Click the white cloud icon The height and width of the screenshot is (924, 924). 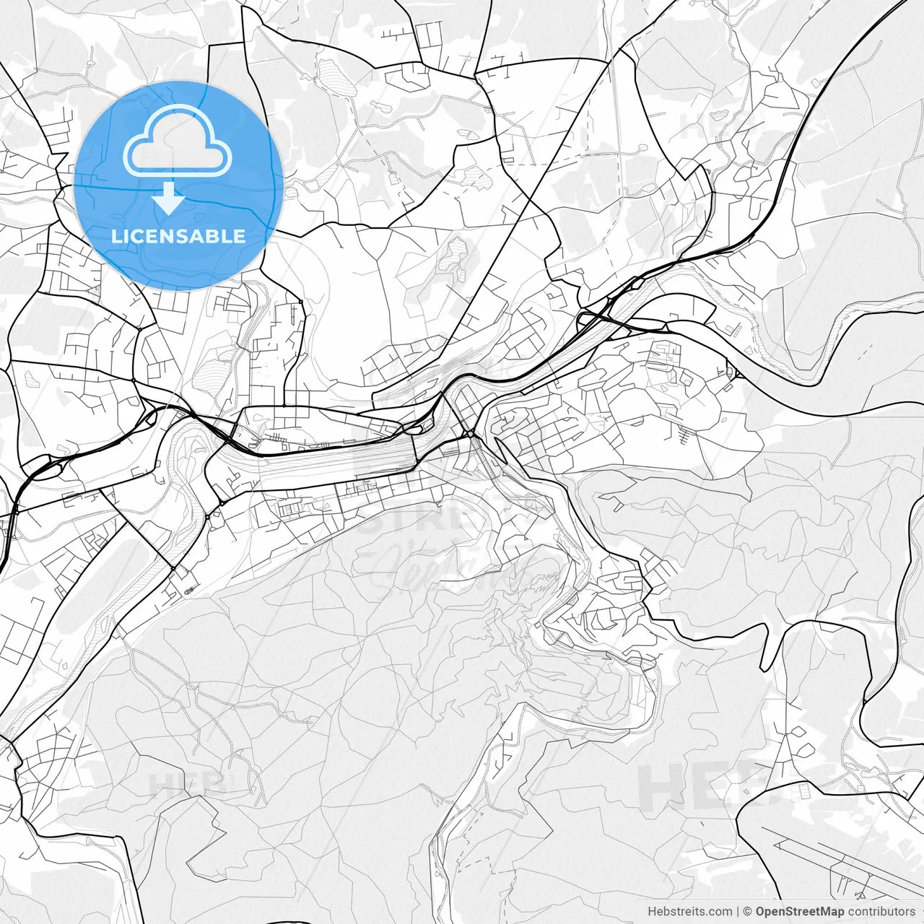[178, 140]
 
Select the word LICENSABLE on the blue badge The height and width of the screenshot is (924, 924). [178, 236]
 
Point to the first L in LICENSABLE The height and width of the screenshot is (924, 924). [116, 236]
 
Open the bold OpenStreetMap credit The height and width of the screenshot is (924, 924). [799, 912]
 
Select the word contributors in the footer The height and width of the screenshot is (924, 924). [881, 912]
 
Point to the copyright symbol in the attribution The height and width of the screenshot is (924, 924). [748, 912]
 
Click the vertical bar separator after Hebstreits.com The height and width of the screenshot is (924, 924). [736, 912]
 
